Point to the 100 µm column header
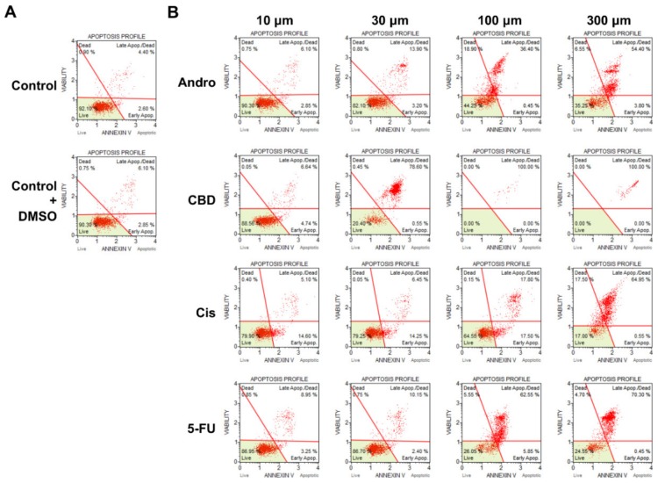click(x=497, y=19)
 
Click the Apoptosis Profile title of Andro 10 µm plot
click(x=279, y=33)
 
